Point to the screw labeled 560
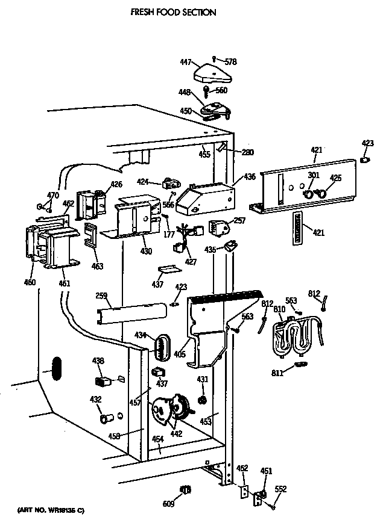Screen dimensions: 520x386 [207, 91]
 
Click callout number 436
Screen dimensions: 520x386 [250, 177]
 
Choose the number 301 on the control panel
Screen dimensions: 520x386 [313, 176]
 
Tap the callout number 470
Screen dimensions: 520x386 [54, 195]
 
